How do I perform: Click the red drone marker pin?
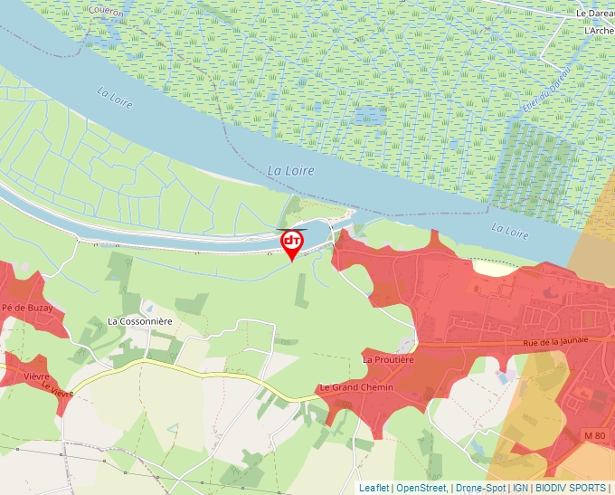pyautogui.click(x=292, y=243)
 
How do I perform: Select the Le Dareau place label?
pyautogui.click(x=596, y=14)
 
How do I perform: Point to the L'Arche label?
pyautogui.click(x=600, y=30)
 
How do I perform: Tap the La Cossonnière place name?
pyautogui.click(x=139, y=320)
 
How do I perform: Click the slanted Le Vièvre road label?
pyautogui.click(x=56, y=389)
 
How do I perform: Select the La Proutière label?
pyautogui.click(x=388, y=359)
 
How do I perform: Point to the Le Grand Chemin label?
pyautogui.click(x=355, y=388)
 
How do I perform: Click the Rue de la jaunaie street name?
pyautogui.click(x=555, y=340)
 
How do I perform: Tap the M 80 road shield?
pyautogui.click(x=594, y=436)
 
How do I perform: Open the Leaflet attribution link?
pyautogui.click(x=374, y=488)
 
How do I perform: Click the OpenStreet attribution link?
pyautogui.click(x=422, y=488)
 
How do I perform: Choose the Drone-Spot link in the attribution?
pyautogui.click(x=480, y=488)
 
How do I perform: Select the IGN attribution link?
pyautogui.click(x=520, y=488)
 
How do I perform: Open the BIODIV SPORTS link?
pyautogui.click(x=571, y=488)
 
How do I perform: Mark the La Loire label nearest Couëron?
pyautogui.click(x=115, y=98)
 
